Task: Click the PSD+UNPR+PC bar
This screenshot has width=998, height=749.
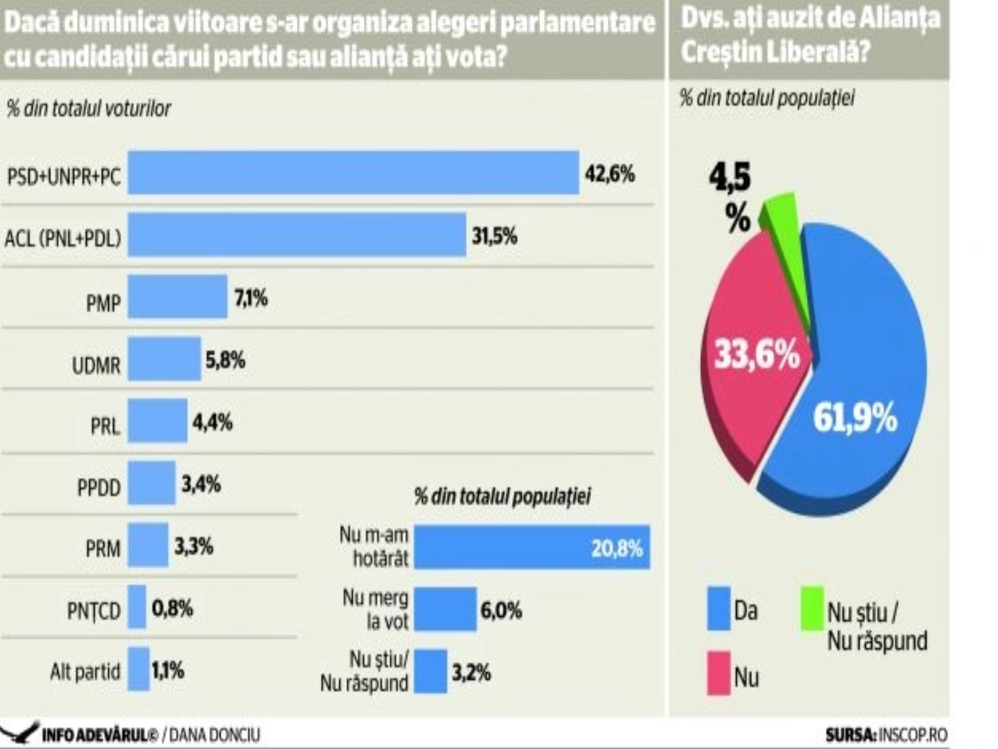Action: [x=353, y=173]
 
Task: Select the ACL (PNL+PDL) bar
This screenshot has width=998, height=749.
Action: [x=297, y=235]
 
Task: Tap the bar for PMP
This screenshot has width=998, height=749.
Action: [x=178, y=296]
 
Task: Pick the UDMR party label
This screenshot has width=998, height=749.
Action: [x=96, y=365]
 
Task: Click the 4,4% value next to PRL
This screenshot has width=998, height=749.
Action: [x=213, y=423]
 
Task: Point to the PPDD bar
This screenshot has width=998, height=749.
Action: [x=152, y=482]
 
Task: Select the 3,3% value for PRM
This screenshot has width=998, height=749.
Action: [x=193, y=547]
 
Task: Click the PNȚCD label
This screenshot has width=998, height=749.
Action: [x=94, y=611]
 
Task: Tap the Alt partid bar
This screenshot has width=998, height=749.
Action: [x=138, y=669]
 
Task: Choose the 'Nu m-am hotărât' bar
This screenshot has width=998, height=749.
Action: [x=531, y=547]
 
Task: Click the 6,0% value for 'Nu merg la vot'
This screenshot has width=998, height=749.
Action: [x=501, y=610]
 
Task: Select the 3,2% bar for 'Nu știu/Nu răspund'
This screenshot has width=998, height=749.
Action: [x=430, y=672]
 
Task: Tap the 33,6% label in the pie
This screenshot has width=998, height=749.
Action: [x=757, y=355]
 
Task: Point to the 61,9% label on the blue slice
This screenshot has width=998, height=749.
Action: [x=855, y=418]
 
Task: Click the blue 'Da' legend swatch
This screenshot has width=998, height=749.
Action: [x=719, y=609]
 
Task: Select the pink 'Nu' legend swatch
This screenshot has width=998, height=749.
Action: [x=719, y=673]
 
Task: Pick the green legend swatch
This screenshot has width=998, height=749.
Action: [x=812, y=609]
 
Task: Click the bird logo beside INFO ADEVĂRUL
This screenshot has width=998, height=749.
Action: [x=20, y=733]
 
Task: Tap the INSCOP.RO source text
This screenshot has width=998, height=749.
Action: [x=912, y=735]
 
